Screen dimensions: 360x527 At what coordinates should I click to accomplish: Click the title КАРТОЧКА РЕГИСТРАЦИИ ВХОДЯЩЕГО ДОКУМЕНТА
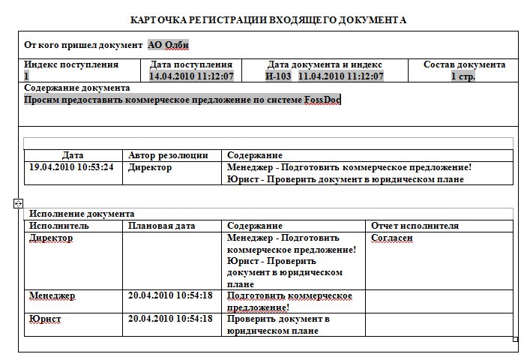tap(268, 19)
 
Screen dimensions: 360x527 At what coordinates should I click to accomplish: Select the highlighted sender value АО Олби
tap(169, 45)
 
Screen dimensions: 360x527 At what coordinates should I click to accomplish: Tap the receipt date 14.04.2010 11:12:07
tap(192, 76)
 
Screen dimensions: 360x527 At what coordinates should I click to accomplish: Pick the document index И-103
tap(278, 76)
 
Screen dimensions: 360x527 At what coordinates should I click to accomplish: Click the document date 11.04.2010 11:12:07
tap(341, 76)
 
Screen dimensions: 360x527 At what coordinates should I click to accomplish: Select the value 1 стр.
tap(463, 76)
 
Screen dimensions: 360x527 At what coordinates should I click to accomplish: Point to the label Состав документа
tap(464, 65)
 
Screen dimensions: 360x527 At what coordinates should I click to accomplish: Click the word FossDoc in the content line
tap(322, 100)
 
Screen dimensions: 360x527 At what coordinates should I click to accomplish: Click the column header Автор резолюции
tap(168, 155)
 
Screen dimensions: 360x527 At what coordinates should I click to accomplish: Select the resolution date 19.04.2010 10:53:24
tap(72, 167)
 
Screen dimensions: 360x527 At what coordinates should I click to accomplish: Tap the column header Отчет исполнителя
tap(415, 226)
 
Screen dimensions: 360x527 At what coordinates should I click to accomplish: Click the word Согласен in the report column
tap(392, 238)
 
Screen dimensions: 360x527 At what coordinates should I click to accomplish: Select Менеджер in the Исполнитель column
tap(52, 295)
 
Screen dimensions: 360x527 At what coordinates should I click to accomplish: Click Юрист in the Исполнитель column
tap(45, 319)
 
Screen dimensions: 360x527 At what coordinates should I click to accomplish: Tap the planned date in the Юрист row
tap(170, 319)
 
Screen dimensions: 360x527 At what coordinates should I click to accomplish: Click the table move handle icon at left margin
tap(19, 203)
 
